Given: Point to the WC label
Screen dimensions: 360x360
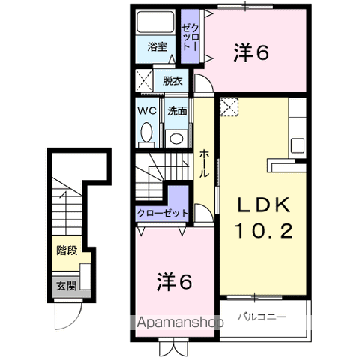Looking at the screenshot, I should point(146,110).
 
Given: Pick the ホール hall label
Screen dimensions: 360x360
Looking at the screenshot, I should point(203,162).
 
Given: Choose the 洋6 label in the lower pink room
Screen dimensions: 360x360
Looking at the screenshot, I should point(175,282).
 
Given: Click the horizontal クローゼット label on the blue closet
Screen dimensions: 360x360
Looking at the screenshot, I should point(163,214).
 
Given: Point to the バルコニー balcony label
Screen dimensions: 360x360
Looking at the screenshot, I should point(262,316).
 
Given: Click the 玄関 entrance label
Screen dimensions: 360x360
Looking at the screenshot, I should point(65,286).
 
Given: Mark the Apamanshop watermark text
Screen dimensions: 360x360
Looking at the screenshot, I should point(180,323).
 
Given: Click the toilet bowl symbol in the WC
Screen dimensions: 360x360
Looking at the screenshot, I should point(145,135).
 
